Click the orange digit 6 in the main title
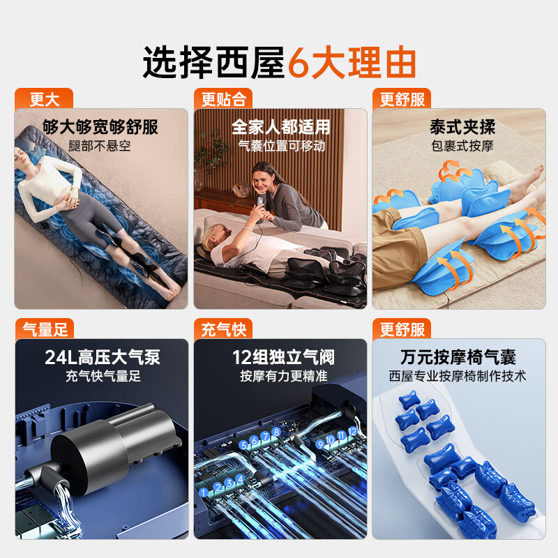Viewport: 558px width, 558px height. click(298, 63)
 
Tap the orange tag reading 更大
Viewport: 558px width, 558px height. click(45, 99)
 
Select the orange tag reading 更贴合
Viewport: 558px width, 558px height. click(223, 99)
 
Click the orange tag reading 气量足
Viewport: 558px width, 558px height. click(45, 329)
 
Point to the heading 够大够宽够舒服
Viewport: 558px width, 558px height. click(100, 127)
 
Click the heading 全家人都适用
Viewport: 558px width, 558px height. click(280, 127)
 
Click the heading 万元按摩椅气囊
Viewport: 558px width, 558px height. click(458, 358)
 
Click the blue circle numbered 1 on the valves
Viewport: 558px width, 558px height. click(203, 492)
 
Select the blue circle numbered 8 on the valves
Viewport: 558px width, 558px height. click(276, 432)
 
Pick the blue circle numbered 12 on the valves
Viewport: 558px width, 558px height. click(352, 432)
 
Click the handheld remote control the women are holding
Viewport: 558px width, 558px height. click(261, 205)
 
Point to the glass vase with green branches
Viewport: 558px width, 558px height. click(200, 167)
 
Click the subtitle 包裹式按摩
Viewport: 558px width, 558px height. click(462, 146)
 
